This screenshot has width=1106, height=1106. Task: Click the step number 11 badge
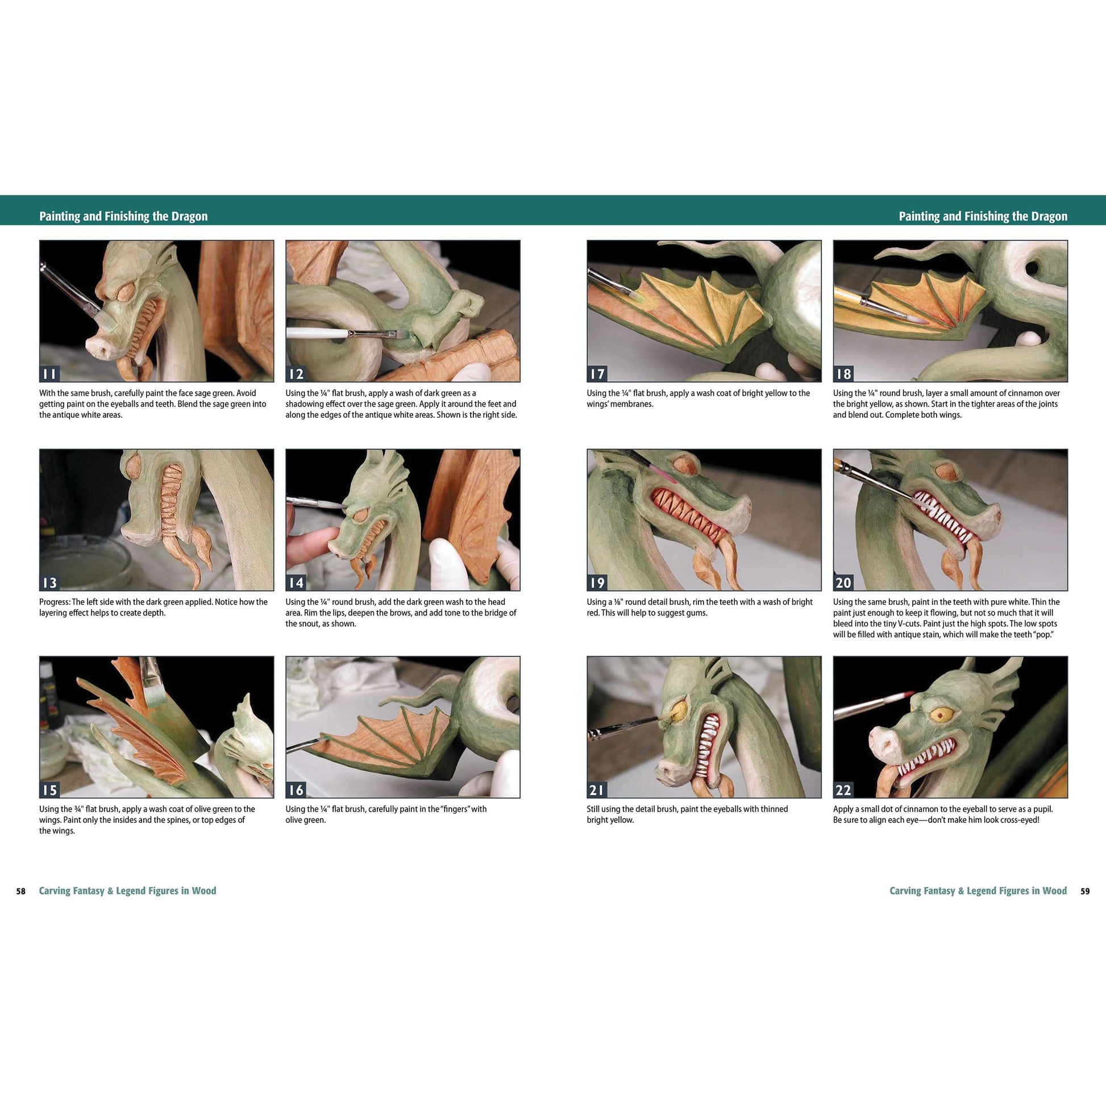point(49,374)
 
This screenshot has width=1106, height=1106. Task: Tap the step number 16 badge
point(296,790)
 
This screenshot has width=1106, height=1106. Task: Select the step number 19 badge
point(597,583)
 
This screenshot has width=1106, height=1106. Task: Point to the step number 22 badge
point(843,790)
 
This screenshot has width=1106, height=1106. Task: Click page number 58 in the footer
point(20,891)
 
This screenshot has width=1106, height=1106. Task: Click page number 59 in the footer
point(1085,891)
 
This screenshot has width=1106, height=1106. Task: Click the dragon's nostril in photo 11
point(101,346)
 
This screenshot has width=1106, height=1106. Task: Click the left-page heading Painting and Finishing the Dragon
point(123,217)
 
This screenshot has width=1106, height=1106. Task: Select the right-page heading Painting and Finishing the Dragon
point(983,217)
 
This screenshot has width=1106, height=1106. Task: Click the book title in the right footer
point(978,891)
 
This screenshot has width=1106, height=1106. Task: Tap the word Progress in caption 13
point(55,602)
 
